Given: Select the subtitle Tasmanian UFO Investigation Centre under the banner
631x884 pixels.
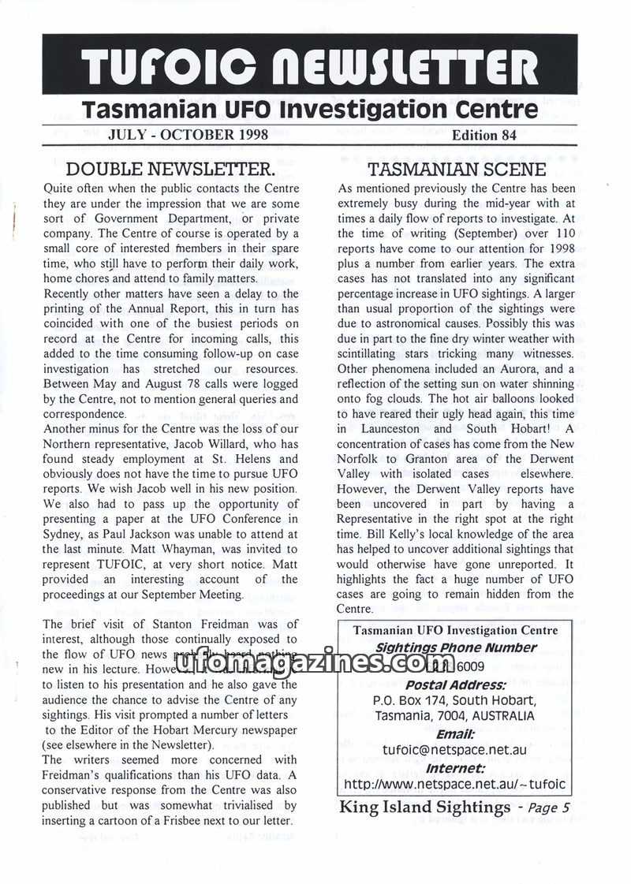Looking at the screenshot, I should [315, 108].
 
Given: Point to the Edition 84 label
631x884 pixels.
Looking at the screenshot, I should [484, 134].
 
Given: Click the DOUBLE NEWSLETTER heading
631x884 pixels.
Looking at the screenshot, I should [170, 169].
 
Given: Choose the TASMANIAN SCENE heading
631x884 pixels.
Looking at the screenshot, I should [457, 169].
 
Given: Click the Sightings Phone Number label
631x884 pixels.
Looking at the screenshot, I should [456, 647].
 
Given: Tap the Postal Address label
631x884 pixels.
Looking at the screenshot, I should [456, 683].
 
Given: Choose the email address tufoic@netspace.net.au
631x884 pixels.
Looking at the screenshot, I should [456, 749].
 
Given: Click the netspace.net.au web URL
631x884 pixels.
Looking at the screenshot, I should [456, 785].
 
